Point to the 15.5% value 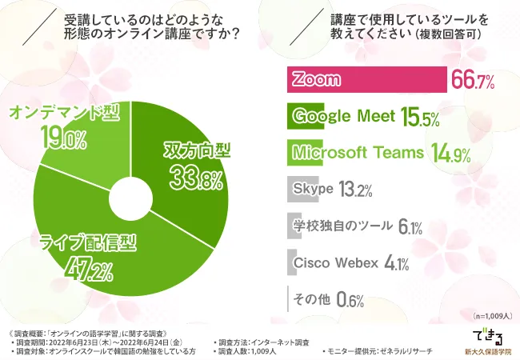[420, 118]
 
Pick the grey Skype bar [302, 190]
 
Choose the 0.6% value [350, 300]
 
